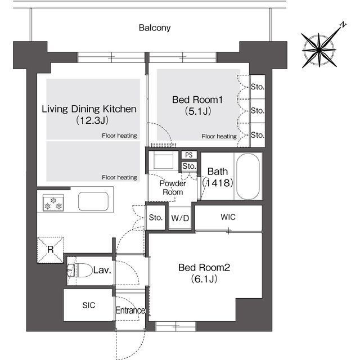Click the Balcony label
point(155,28)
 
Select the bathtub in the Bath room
point(248,176)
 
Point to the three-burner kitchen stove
point(53,202)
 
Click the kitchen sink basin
point(93,201)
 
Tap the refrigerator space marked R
point(50,250)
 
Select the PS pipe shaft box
point(189,155)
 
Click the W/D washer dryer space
point(180,218)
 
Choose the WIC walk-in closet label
point(228,217)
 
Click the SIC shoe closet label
point(89,305)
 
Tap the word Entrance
point(130,310)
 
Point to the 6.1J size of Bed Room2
point(204,279)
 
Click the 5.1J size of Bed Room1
point(198,111)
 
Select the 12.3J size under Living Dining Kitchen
point(92,120)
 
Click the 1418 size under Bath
point(218,183)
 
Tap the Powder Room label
point(173,187)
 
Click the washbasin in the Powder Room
point(164,161)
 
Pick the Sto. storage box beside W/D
point(156,218)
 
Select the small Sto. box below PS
point(189,166)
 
